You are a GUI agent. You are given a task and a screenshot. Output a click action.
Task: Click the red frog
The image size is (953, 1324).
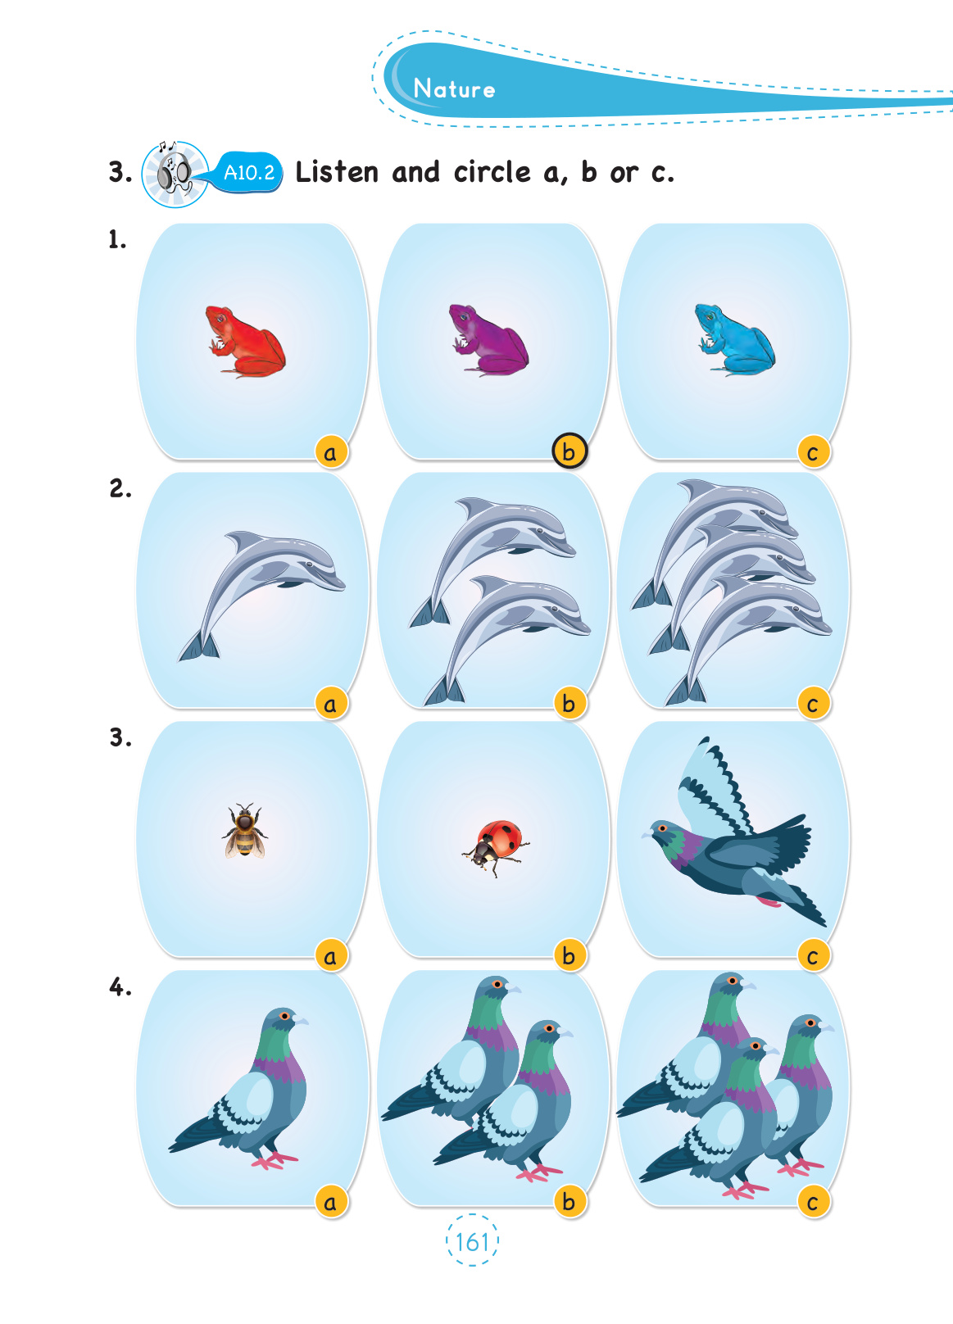pyautogui.click(x=245, y=341)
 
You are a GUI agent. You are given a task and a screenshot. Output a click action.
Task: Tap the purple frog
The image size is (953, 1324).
pyautogui.click(x=488, y=340)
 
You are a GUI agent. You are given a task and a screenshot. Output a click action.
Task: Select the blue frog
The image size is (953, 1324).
pyautogui.click(x=733, y=340)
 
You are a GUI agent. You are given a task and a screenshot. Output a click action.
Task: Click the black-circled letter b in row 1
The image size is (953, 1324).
pyautogui.click(x=570, y=451)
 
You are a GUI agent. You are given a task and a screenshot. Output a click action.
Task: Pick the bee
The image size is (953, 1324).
pyautogui.click(x=244, y=831)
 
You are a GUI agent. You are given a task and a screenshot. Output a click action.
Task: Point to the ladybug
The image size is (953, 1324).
pyautogui.click(x=496, y=847)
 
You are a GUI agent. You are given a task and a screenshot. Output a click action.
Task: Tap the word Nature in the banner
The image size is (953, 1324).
pyautogui.click(x=454, y=88)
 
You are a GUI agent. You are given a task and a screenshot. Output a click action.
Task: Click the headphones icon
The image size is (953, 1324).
pyautogui.click(x=175, y=174)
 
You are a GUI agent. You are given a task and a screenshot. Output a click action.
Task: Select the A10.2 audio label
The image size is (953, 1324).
pyautogui.click(x=249, y=173)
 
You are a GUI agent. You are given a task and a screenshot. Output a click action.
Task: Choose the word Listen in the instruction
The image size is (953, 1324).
pyautogui.click(x=337, y=172)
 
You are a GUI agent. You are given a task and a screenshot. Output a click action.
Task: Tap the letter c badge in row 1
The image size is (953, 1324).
pyautogui.click(x=813, y=452)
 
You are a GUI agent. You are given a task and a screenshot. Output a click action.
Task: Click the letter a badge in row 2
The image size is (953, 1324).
pyautogui.click(x=330, y=703)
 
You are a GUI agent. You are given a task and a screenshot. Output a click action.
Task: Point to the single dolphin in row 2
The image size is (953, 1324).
pyautogui.click(x=261, y=596)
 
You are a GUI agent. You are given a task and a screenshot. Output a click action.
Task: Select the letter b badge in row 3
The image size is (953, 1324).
pyautogui.click(x=570, y=955)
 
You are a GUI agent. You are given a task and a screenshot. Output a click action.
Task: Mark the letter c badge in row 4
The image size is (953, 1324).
pyautogui.click(x=813, y=1202)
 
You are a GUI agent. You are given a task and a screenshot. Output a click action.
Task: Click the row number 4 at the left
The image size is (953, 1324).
pyautogui.click(x=120, y=988)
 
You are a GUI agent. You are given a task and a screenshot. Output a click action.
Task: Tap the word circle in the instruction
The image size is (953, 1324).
pyautogui.click(x=492, y=172)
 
